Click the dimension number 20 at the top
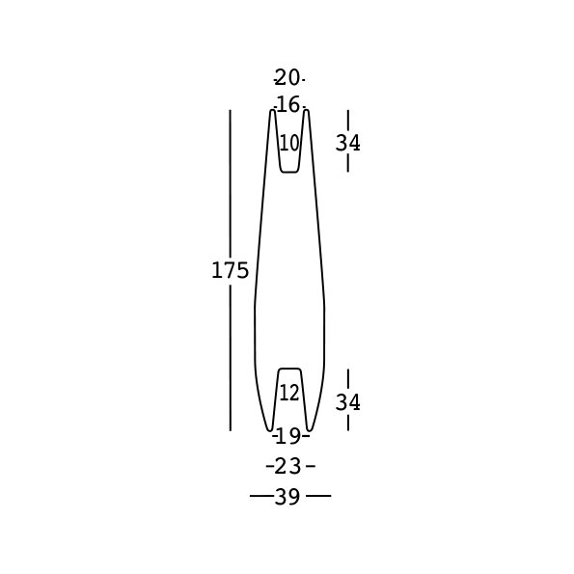[287, 77]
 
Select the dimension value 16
[288, 105]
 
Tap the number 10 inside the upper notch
[289, 143]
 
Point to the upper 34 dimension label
[347, 143]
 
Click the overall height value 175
[230, 270]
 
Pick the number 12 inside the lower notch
[289, 394]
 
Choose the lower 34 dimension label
[347, 402]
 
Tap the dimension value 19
[288, 436]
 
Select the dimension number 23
[287, 466]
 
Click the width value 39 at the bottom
[287, 497]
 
